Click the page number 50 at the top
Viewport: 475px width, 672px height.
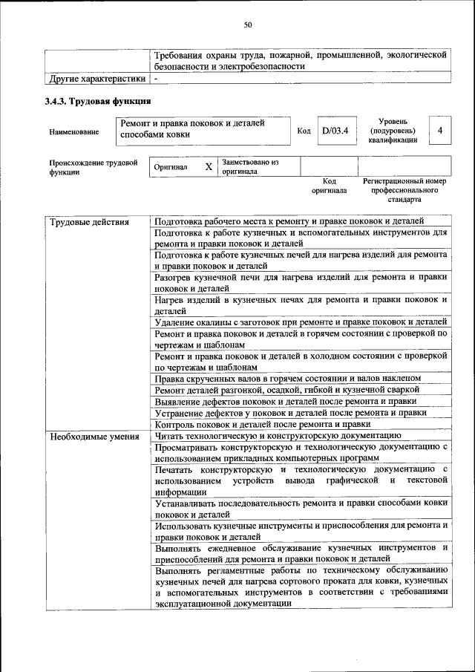pyautogui.click(x=248, y=25)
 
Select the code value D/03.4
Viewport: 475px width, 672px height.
pyautogui.click(x=335, y=131)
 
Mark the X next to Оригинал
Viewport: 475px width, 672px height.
pyautogui.click(x=209, y=167)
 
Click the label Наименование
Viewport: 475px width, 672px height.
pyautogui.click(x=73, y=131)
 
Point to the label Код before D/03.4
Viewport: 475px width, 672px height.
pyautogui.click(x=303, y=131)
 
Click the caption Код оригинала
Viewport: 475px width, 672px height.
pyautogui.click(x=329, y=185)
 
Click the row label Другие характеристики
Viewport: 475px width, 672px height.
pyautogui.click(x=96, y=77)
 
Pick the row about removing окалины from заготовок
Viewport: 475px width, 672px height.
pyautogui.click(x=301, y=322)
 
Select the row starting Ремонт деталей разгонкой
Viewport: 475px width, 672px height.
pyautogui.click(x=284, y=390)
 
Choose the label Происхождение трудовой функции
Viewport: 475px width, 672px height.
pyautogui.click(x=93, y=167)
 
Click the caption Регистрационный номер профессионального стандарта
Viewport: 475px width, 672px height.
pyautogui.click(x=404, y=190)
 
